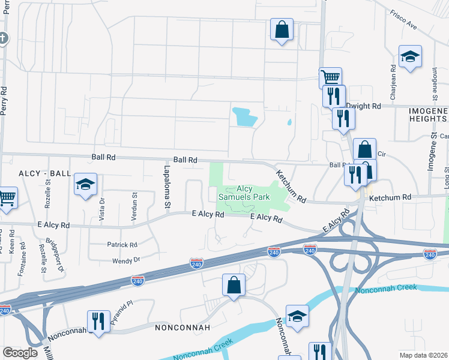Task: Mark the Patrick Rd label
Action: click(122, 245)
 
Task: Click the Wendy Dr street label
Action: click(125, 260)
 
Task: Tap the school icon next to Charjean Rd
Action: click(410, 56)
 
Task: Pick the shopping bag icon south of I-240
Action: click(234, 286)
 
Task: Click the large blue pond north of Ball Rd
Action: click(244, 116)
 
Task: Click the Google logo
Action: click(20, 353)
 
